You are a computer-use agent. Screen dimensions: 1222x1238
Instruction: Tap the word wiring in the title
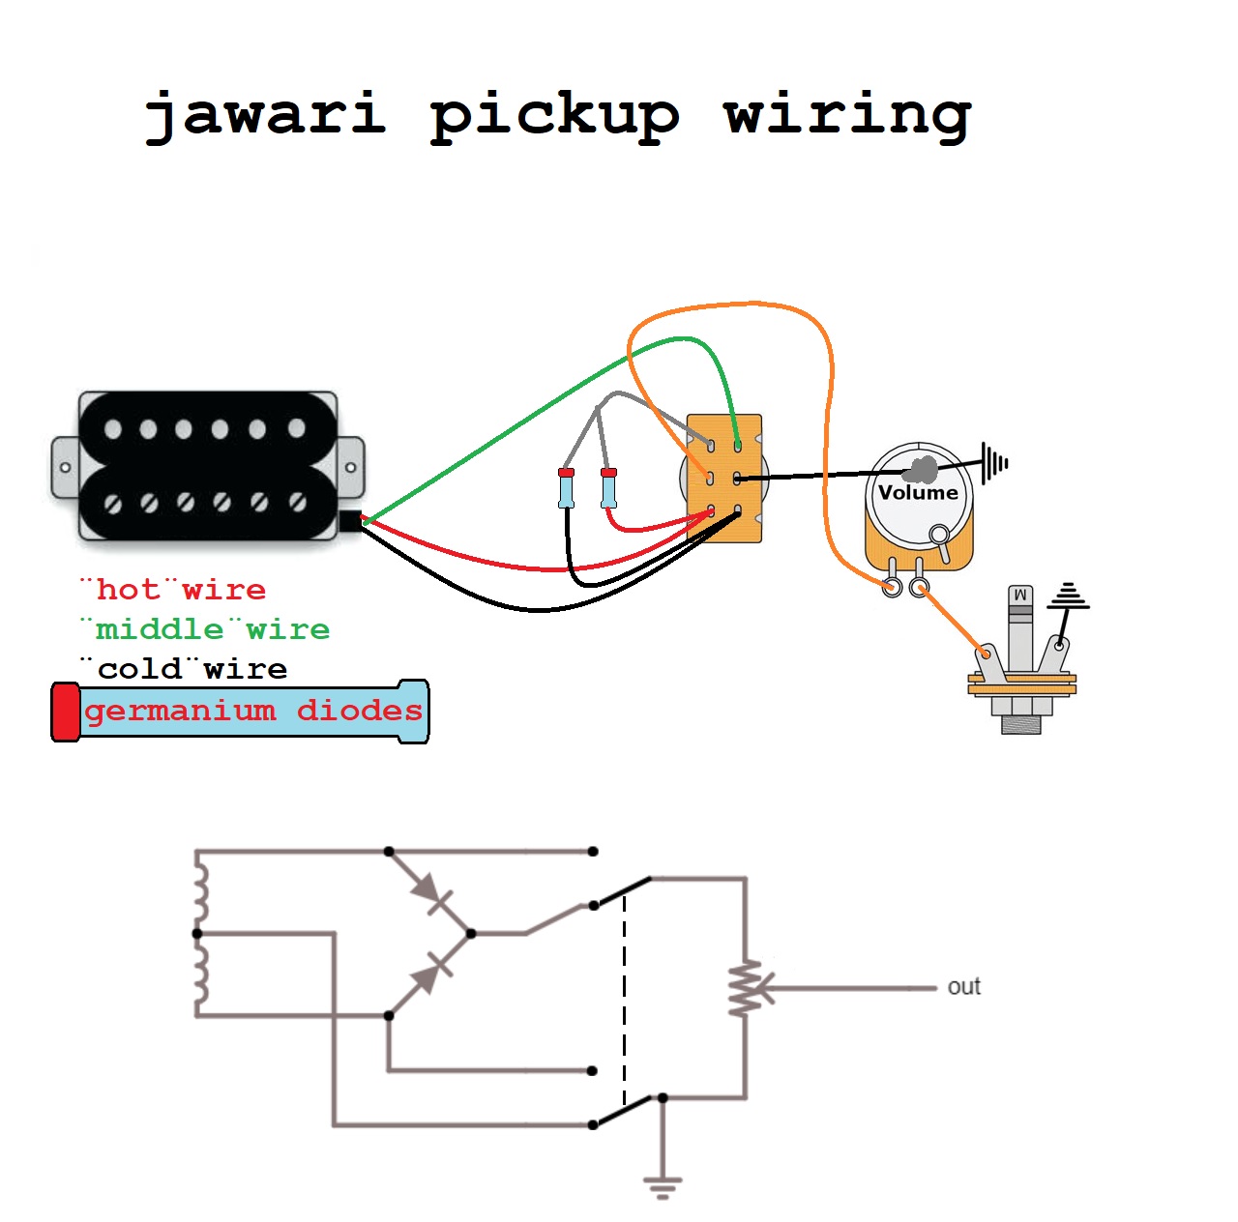[847, 116]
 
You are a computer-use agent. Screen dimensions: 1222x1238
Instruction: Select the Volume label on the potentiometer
[918, 492]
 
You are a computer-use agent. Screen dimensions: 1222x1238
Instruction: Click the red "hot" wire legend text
[172, 590]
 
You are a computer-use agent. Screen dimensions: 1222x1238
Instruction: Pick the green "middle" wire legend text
[205, 629]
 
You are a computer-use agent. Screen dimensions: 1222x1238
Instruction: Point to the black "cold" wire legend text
[184, 669]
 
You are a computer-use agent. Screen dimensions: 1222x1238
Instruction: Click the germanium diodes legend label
[253, 712]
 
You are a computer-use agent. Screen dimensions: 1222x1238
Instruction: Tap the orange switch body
[724, 479]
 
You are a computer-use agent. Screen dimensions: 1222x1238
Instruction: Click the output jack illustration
[1021, 667]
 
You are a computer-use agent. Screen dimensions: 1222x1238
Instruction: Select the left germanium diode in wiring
[567, 488]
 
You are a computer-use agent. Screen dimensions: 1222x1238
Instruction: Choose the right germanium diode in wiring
[608, 488]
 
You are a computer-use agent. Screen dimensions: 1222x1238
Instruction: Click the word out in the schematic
[963, 987]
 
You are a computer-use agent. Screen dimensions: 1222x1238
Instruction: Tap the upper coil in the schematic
[201, 892]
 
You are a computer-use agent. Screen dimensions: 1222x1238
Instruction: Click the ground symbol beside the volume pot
[994, 463]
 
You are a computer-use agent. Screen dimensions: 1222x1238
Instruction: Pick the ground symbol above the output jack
[1068, 596]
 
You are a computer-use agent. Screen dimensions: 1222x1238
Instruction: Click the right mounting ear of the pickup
[350, 468]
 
